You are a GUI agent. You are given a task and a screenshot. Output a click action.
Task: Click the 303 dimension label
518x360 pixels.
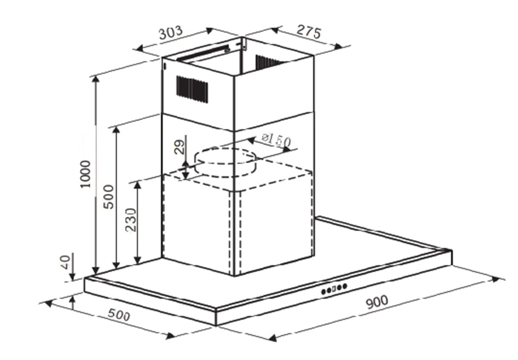tap(170, 32)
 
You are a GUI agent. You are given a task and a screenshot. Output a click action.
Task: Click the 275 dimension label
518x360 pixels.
tap(309, 31)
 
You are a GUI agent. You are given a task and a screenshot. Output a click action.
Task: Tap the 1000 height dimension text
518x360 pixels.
tap(85, 174)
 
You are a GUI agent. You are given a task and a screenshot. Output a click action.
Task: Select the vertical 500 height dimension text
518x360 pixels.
tap(108, 197)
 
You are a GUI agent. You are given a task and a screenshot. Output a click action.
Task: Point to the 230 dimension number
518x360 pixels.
tap(131, 220)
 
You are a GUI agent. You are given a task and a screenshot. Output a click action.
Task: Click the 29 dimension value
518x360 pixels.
tap(179, 147)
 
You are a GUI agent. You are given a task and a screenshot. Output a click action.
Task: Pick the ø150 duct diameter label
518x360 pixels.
tap(276, 140)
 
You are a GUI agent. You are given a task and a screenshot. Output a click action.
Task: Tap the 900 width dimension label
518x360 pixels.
tap(377, 302)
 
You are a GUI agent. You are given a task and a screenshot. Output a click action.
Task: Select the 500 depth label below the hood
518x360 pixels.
tap(119, 315)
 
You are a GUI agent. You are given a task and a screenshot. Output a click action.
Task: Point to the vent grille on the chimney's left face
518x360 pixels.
tap(192, 89)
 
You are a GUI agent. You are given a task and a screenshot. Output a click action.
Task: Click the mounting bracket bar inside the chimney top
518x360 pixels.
tap(203, 53)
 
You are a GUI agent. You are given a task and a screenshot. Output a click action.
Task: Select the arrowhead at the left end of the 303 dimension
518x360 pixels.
tap(141, 49)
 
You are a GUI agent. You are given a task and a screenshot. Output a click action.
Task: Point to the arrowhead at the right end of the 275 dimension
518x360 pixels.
tap(338, 46)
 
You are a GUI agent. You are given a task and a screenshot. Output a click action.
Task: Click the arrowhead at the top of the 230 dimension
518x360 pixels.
tap(137, 185)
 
